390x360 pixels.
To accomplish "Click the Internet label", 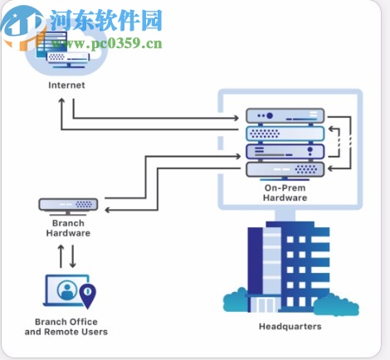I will tap(66, 85).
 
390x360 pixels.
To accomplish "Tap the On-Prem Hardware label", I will tap(285, 192).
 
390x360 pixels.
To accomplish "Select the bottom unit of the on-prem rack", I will tap(284, 169).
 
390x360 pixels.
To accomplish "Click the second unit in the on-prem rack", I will tap(284, 134).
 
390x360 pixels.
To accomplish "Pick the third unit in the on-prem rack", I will tap(284, 152).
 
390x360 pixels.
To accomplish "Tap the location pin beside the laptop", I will tap(87, 294).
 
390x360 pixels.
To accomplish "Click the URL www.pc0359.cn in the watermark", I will tap(106, 43).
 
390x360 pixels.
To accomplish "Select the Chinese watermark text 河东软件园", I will tap(106, 20).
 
